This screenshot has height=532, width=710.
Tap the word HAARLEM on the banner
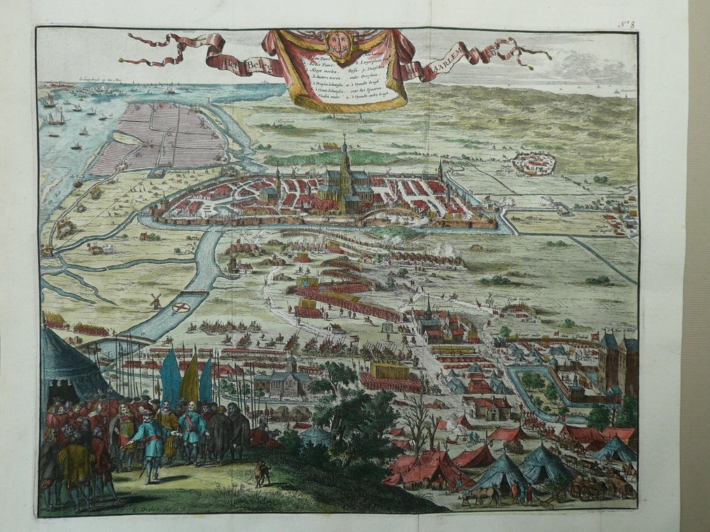439,66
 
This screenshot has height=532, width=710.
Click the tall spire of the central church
345,157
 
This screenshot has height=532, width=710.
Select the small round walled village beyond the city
533,163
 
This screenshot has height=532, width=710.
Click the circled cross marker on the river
181,306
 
